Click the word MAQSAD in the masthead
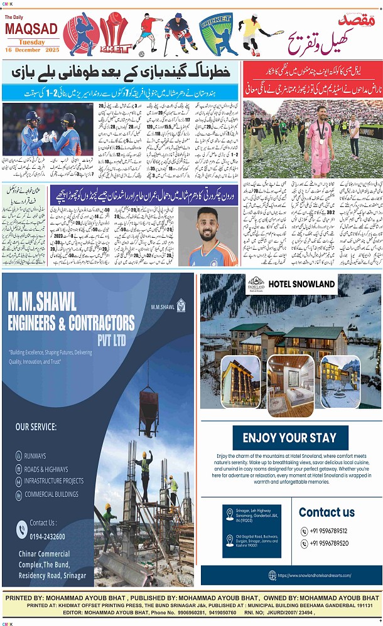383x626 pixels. (31, 29)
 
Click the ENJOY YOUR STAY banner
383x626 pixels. (289, 438)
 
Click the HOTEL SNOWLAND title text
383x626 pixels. (301, 284)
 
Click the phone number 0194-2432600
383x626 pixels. (47, 536)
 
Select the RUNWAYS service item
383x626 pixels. (35, 456)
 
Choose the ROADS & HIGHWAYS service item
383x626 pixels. (46, 469)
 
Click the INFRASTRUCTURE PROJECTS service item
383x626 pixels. (53, 481)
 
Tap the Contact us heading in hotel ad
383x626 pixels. (326, 512)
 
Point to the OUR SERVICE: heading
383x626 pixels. (36, 427)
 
